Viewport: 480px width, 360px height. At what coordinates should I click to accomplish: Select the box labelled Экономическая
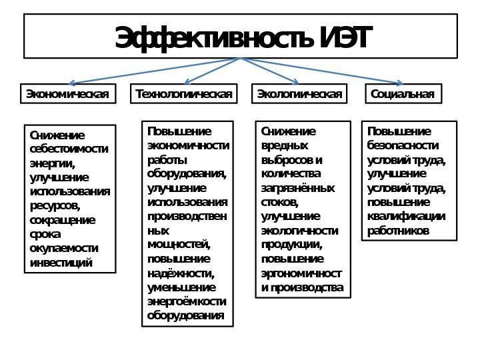(67, 93)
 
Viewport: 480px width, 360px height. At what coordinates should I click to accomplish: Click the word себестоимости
(69, 147)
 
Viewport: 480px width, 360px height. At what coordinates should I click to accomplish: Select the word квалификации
(407, 217)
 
